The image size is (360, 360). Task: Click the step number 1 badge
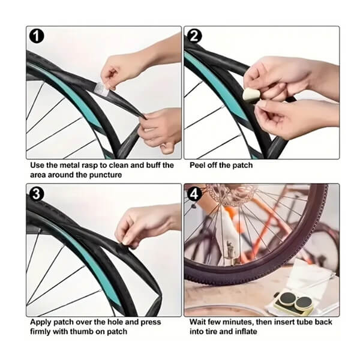[37, 36]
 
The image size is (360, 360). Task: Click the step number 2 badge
[194, 36]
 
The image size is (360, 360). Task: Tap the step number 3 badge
[37, 194]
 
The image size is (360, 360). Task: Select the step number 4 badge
[194, 194]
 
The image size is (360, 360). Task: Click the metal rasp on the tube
[102, 88]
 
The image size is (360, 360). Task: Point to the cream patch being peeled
[250, 95]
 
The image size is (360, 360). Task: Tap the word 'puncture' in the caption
[106, 175]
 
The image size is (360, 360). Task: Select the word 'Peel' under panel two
[197, 166]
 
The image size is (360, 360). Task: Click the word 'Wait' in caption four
[198, 322]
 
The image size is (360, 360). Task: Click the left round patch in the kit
[287, 299]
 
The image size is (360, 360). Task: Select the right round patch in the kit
[304, 302]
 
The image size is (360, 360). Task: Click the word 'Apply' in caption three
[41, 322]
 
